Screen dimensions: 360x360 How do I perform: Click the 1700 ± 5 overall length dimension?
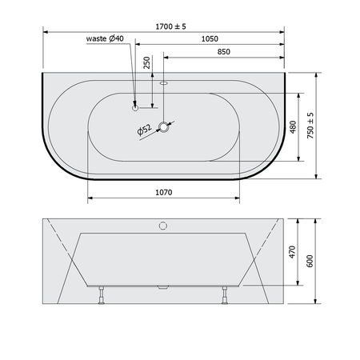click(170, 26)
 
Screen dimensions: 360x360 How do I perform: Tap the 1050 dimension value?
click(210, 39)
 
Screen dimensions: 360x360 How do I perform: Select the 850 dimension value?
click(223, 52)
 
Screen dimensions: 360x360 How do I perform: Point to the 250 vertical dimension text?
click(147, 62)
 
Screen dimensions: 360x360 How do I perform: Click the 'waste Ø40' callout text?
click(105, 38)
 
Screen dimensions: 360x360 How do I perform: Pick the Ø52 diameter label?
click(144, 130)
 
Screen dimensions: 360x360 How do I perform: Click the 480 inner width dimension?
click(293, 127)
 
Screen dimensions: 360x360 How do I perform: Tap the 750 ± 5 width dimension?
click(310, 126)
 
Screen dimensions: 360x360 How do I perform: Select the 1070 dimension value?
click(164, 192)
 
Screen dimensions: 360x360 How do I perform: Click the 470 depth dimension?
click(292, 252)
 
